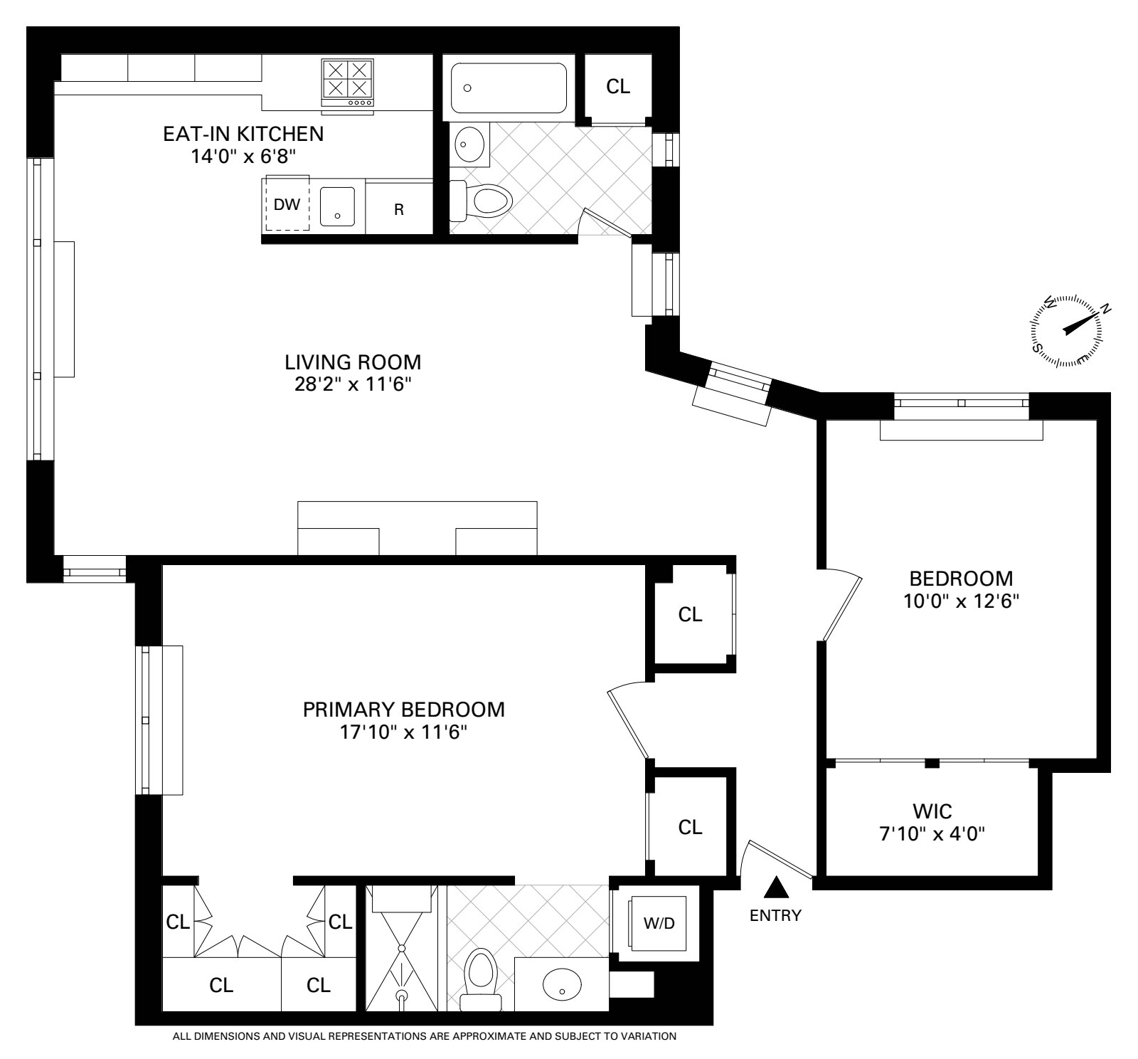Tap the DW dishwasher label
coord(287,205)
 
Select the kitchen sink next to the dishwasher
coord(337,206)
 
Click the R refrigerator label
coord(399,210)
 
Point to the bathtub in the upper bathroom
coord(509,88)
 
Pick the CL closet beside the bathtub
coord(617,86)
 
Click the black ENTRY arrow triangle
coord(776,887)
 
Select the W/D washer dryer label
coord(659,924)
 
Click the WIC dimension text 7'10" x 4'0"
coord(932,833)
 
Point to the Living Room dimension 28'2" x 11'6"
coord(353,385)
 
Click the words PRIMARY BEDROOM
coord(404,710)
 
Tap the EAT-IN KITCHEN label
coord(243,133)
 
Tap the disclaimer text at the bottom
coord(424,1036)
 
